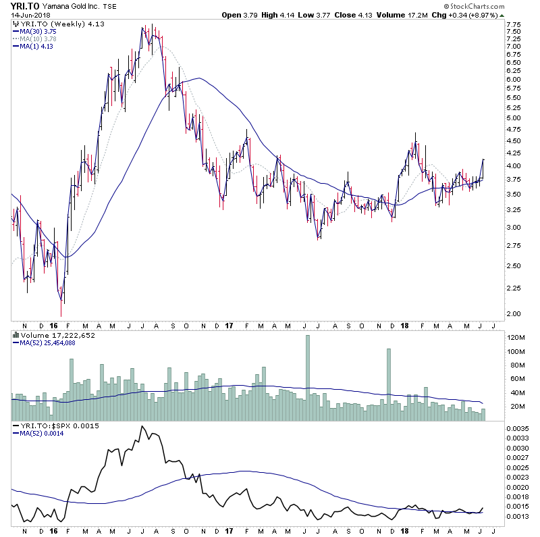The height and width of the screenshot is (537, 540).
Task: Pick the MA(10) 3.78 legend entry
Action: (x=39, y=38)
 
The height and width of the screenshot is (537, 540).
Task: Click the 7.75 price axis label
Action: (x=513, y=23)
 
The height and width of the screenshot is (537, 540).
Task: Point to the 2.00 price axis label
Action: (x=513, y=313)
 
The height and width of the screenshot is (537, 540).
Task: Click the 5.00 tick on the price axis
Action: (x=513, y=118)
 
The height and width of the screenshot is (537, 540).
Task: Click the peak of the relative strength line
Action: (x=142, y=427)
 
